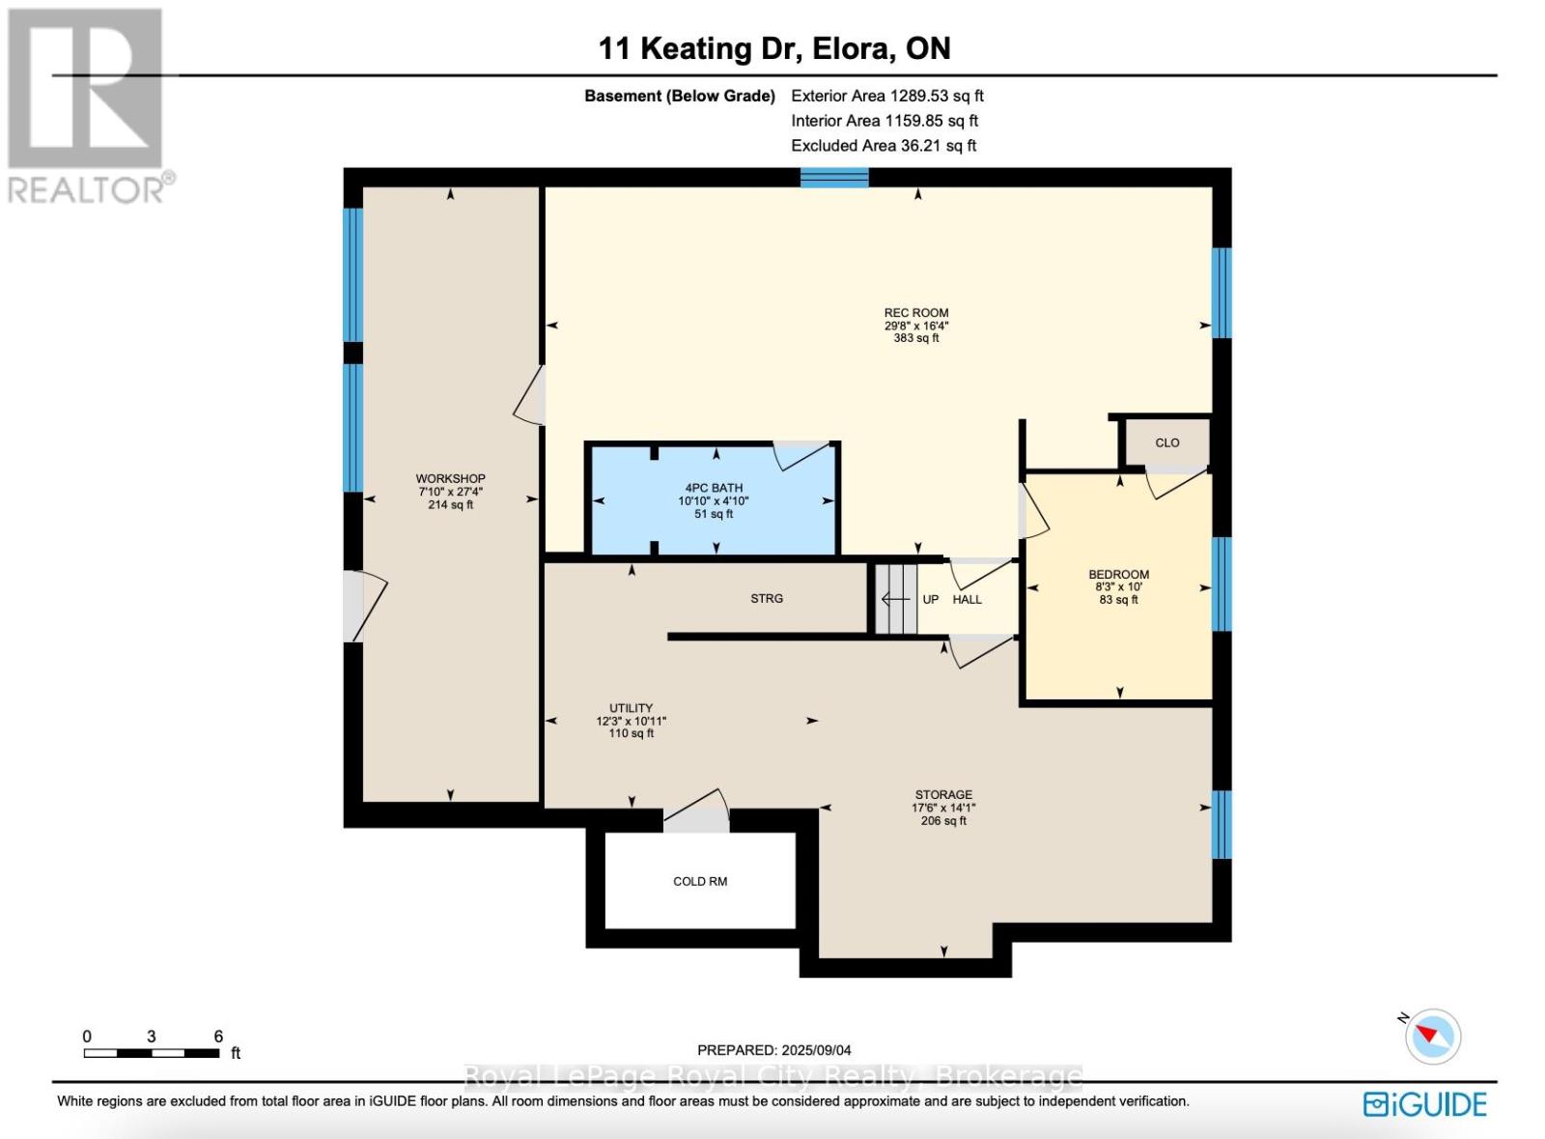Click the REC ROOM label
pyautogui.click(x=916, y=312)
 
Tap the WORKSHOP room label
pyautogui.click(x=450, y=478)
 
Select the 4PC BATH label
pyautogui.click(x=714, y=488)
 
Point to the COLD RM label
pyautogui.click(x=700, y=881)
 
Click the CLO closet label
pyautogui.click(x=1167, y=442)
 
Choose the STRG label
pyautogui.click(x=767, y=598)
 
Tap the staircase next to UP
pyautogui.click(x=896, y=598)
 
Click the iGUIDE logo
pyautogui.click(x=1425, y=1104)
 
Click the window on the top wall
pyautogui.click(x=834, y=178)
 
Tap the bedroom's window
pyautogui.click(x=1222, y=584)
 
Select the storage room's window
pyautogui.click(x=1222, y=824)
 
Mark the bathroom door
pyautogui.click(x=801, y=455)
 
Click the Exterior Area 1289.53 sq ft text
pyautogui.click(x=887, y=96)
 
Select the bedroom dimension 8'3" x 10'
pyautogui.click(x=1118, y=587)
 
